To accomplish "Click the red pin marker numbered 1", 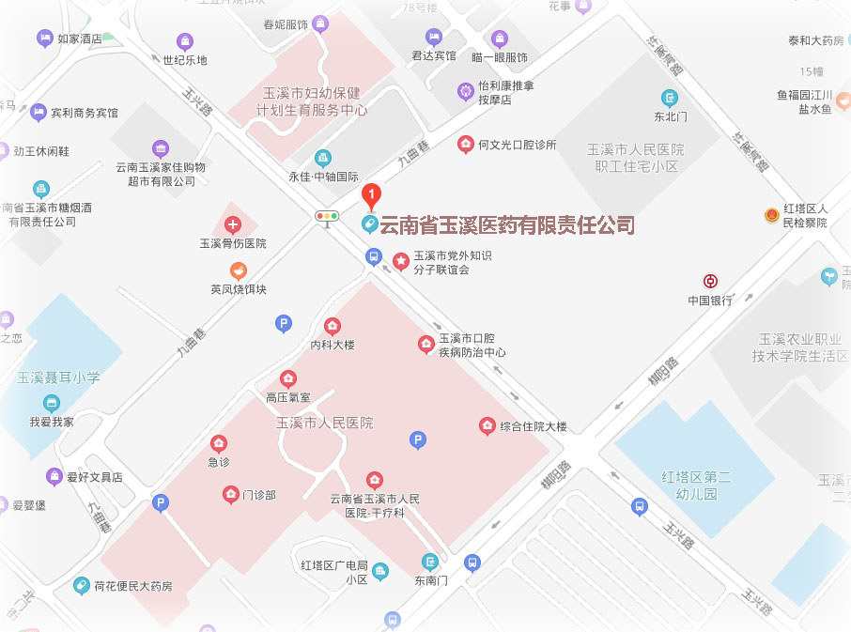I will [x=372, y=197].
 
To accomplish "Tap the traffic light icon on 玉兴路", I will [x=327, y=216].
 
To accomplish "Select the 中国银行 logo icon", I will [x=710, y=281].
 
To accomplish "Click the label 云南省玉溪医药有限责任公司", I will [x=506, y=225].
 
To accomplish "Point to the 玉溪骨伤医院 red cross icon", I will [x=233, y=224].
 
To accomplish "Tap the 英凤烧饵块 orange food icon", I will [x=239, y=270].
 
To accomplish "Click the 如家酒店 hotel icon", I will [x=44, y=39].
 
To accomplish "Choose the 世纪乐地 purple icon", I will [x=185, y=41].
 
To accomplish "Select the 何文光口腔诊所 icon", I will [x=465, y=144].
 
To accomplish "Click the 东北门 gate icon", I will [x=670, y=98].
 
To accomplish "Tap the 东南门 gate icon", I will [x=430, y=562].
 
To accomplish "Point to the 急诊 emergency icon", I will [x=219, y=443].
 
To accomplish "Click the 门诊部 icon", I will [x=230, y=494].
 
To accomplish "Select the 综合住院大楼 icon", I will [x=487, y=425].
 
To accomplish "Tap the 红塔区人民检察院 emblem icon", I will [x=772, y=215].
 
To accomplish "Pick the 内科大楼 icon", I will [x=332, y=326].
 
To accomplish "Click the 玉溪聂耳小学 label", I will [x=58, y=378].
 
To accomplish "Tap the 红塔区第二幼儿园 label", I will [x=696, y=485].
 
